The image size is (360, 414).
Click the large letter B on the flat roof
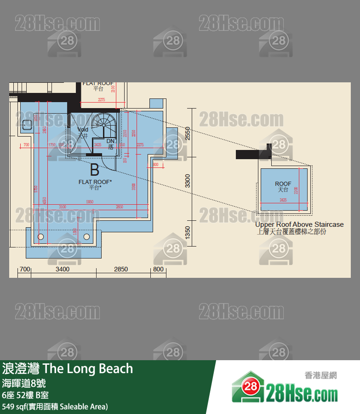(x=94, y=170)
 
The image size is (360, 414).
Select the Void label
(x=83, y=130)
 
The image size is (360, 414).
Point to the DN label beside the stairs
(x=110, y=141)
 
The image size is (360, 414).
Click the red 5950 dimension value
(x=90, y=201)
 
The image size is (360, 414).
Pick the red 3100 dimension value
(x=62, y=207)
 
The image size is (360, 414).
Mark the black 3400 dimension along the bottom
(x=62, y=269)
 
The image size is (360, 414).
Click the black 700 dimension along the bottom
(x=25, y=269)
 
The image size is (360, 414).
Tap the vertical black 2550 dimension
(x=187, y=133)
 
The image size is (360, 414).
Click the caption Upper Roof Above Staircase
(x=299, y=224)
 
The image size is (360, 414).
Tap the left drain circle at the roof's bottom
(x=40, y=236)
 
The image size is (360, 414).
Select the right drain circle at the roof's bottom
(x=86, y=236)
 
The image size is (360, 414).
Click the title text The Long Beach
(x=88, y=369)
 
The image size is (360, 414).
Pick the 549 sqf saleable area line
(x=55, y=406)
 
